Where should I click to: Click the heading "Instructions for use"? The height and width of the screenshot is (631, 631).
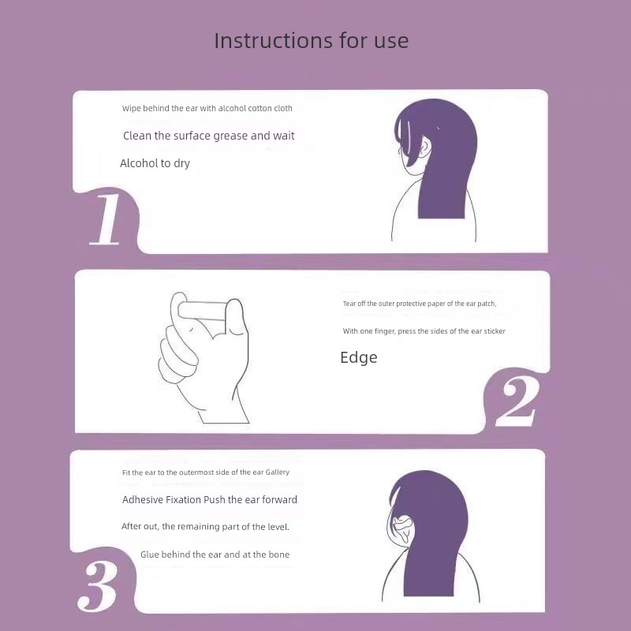click(x=312, y=41)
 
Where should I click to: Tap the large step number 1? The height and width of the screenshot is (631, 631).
click(x=106, y=219)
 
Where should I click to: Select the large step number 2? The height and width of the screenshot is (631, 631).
click(x=517, y=401)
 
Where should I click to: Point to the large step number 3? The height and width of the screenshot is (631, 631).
click(x=98, y=586)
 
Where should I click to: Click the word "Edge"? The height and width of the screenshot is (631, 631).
click(x=359, y=358)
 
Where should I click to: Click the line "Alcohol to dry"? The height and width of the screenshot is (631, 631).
click(x=155, y=163)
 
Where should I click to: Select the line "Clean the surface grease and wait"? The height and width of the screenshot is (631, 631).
click(x=209, y=136)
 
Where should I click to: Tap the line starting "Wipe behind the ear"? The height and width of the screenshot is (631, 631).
click(x=207, y=108)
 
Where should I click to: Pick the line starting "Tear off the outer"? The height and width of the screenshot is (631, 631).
click(x=420, y=304)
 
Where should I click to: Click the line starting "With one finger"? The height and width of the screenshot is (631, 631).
click(x=424, y=331)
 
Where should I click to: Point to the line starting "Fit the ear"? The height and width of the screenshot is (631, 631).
click(x=206, y=472)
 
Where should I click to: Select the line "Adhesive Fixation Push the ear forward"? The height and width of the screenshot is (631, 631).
click(x=210, y=500)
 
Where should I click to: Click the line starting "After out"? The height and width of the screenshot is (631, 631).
click(x=205, y=527)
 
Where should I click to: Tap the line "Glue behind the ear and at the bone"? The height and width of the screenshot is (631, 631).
click(x=215, y=554)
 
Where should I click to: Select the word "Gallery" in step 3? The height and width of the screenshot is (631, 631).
click(x=278, y=472)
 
